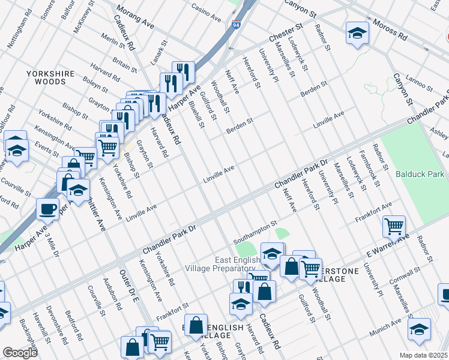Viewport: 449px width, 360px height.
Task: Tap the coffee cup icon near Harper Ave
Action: [48, 210]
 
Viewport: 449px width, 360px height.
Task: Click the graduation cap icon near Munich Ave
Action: [419, 329]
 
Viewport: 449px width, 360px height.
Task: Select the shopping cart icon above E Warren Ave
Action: [394, 227]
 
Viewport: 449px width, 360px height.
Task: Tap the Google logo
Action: [20, 353]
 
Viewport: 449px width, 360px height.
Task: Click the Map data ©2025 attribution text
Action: [423, 355]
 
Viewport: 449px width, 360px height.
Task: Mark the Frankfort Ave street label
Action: [373, 211]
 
